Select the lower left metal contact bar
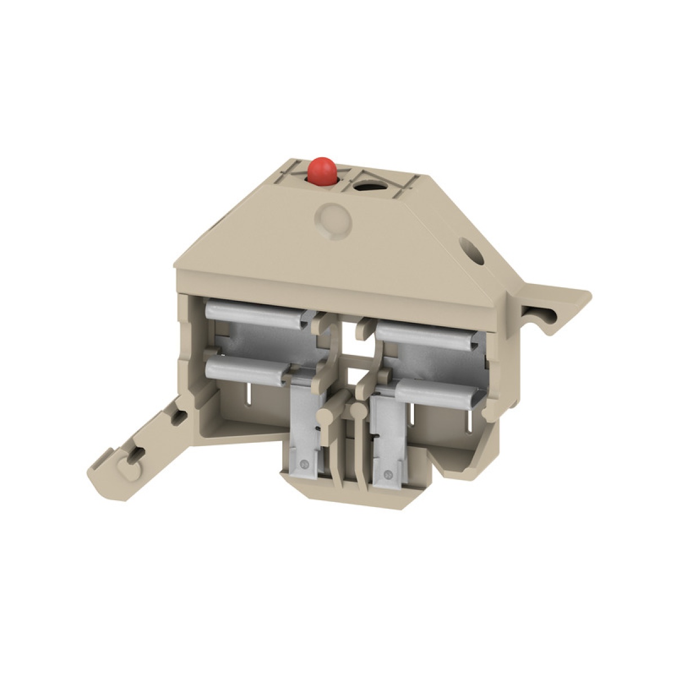(248, 369)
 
